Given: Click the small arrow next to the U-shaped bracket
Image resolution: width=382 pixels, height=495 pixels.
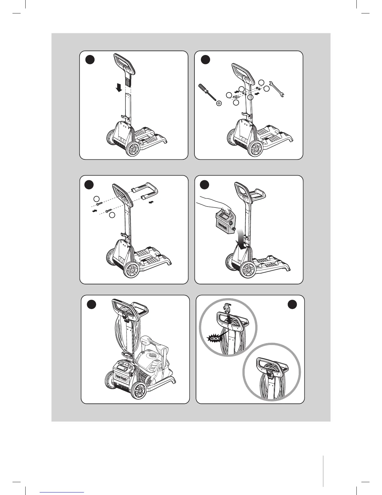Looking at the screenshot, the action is [152, 202].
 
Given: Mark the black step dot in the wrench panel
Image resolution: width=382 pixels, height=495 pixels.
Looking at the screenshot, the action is [205, 60].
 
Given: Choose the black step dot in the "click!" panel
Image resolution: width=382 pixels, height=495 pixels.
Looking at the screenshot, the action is [292, 304].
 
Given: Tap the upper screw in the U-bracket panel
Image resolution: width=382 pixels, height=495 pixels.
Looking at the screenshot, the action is [99, 203].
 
